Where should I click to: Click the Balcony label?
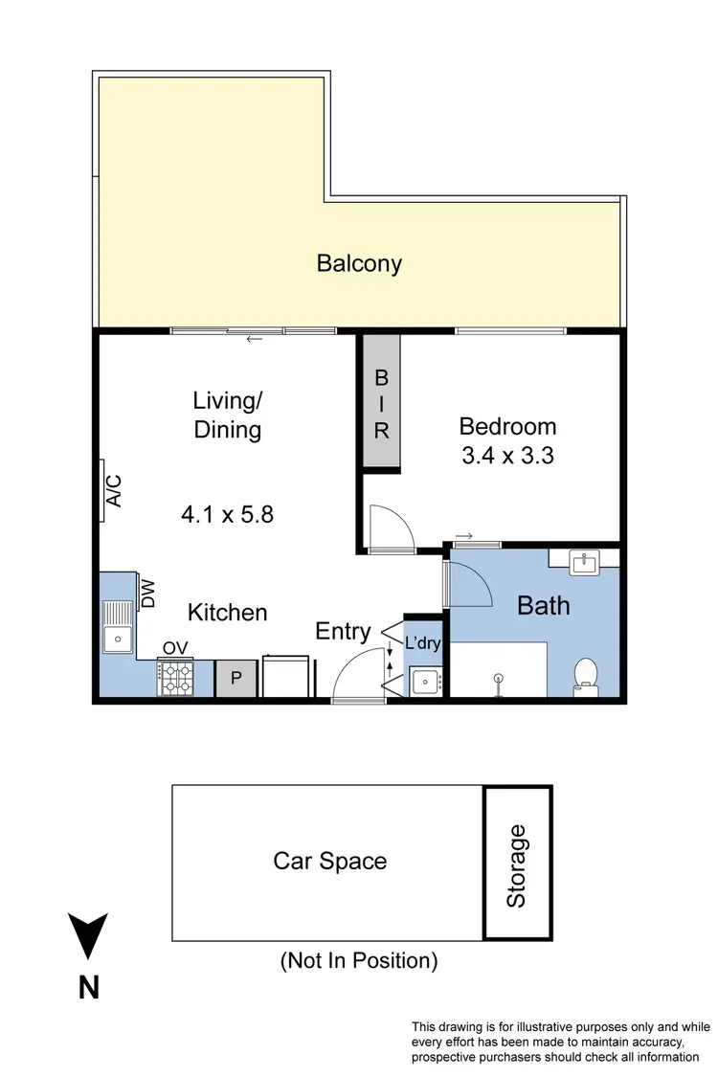(359, 263)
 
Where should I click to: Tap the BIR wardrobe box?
(382, 401)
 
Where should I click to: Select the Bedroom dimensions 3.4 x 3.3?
(507, 457)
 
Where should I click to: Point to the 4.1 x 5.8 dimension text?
(228, 515)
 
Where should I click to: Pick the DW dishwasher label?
(148, 595)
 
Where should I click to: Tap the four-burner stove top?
(174, 678)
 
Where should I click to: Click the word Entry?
(343, 632)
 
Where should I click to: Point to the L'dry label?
(422, 643)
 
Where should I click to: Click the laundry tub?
(424, 682)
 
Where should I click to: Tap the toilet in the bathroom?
(584, 674)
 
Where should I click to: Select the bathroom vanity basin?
(584, 563)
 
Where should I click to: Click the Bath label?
(543, 605)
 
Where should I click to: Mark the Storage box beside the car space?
(517, 864)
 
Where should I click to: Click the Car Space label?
(330, 861)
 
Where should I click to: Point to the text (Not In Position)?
(358, 960)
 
